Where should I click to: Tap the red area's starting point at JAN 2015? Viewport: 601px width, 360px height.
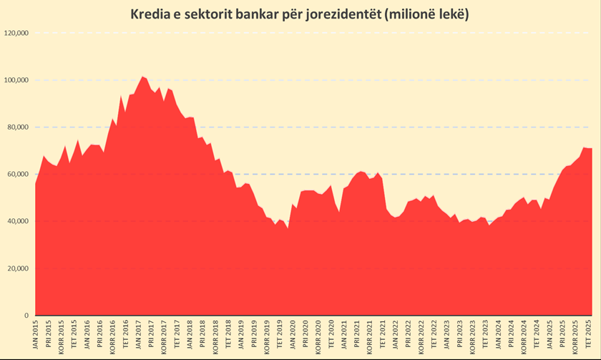click(36, 185)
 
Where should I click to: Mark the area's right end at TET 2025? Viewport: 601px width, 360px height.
click(592, 148)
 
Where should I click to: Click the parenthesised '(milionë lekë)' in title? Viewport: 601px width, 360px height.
click(426, 14)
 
